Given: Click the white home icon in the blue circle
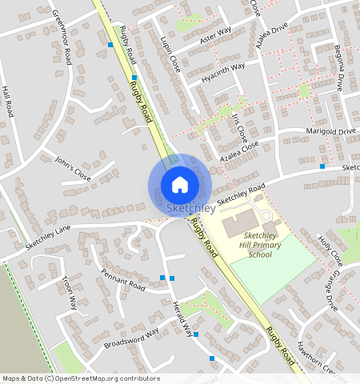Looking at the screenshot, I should [180, 185].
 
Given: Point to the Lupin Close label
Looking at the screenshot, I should [170, 54].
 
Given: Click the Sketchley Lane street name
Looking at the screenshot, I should [48, 238].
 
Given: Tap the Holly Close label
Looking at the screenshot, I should [330, 250].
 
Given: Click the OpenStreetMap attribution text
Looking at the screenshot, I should [81, 378].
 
